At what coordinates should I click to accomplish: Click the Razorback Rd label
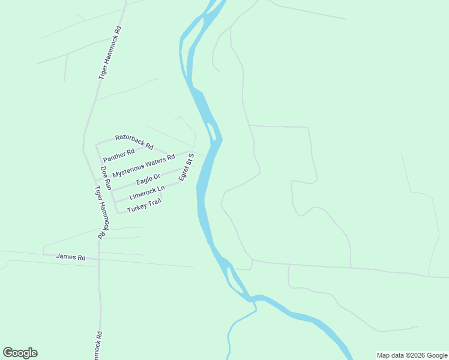pos(134,142)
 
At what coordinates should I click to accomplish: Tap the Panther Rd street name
pos(119,153)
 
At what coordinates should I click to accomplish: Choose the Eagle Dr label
pos(148,179)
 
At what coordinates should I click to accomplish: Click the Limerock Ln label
pos(146,193)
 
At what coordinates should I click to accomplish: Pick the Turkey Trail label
pos(144,205)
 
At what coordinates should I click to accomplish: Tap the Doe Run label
pos(106,178)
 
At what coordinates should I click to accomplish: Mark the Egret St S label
pos(186,167)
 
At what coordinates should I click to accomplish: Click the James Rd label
pos(71,257)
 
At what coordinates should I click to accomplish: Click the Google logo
pos(20,353)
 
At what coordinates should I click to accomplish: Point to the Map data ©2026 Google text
pos(412,355)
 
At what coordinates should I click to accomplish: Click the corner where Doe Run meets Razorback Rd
pos(97,144)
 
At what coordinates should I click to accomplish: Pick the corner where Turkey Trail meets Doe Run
pos(116,212)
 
